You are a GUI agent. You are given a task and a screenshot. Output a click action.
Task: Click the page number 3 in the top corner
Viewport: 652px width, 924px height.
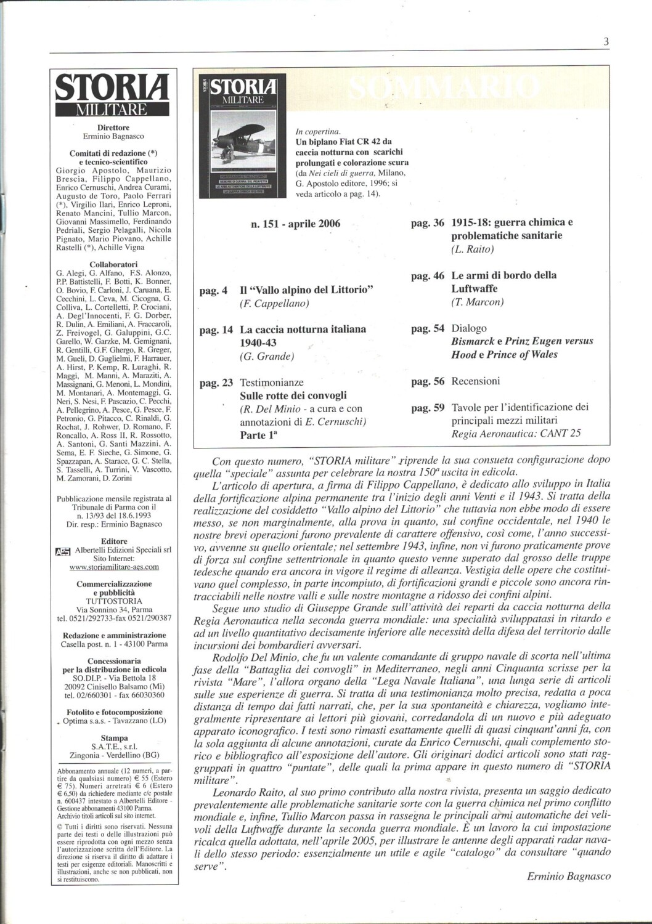[606, 43]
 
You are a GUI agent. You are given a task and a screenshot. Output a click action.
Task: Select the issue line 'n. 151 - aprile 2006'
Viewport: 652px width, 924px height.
[295, 224]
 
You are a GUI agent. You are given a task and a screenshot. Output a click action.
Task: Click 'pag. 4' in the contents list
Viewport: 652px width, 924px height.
[213, 290]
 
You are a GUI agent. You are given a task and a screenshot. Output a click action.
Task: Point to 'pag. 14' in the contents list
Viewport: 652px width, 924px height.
[216, 330]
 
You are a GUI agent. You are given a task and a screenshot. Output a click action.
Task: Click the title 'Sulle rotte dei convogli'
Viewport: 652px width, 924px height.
[293, 395]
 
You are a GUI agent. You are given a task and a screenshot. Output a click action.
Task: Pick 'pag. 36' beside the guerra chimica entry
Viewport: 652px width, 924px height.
[427, 222]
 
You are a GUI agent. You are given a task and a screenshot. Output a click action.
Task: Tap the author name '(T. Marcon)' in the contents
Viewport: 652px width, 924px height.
[477, 302]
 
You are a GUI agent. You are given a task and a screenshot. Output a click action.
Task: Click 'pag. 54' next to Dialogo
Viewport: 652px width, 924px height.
[427, 329]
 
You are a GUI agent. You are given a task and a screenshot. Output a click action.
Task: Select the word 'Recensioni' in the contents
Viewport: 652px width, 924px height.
[475, 381]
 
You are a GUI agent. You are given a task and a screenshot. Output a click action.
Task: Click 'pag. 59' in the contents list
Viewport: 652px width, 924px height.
[427, 407]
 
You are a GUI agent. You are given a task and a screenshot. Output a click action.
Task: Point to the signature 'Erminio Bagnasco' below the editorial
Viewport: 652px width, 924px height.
[569, 877]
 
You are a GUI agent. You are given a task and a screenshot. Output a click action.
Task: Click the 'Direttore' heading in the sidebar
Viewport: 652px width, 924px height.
[113, 128]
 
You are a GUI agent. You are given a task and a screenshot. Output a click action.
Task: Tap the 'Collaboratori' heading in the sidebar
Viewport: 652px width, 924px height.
[113, 265]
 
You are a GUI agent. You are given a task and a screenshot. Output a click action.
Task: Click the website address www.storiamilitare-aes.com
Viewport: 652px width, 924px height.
[113, 567]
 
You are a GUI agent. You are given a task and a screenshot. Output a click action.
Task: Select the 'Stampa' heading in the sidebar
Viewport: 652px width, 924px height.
[113, 738]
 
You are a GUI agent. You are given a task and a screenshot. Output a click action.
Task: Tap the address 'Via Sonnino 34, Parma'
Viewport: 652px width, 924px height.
[113, 610]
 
